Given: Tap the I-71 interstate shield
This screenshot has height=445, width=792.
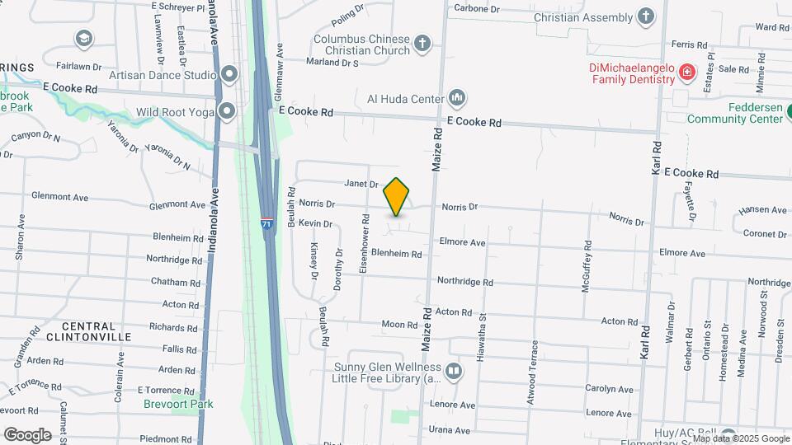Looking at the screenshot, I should (266, 223).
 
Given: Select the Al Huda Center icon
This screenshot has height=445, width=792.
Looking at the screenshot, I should (457, 100).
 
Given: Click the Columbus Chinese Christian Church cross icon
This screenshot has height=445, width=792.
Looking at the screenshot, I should (422, 44).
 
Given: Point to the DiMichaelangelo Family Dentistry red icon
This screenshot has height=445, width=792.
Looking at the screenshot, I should (686, 74).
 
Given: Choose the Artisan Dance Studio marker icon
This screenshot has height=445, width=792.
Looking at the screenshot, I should (229, 75).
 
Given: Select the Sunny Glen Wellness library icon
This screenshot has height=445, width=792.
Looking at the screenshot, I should (453, 372).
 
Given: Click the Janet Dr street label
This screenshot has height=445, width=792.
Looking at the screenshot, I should (361, 185).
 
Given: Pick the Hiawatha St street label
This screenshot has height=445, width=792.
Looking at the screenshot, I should (482, 321).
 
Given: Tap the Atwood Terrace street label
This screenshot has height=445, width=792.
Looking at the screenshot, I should (533, 372).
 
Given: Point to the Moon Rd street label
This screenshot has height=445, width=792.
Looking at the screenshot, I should (398, 325).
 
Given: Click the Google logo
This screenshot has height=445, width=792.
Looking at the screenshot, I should (27, 434).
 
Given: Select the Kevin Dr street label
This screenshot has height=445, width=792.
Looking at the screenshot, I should (315, 223).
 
